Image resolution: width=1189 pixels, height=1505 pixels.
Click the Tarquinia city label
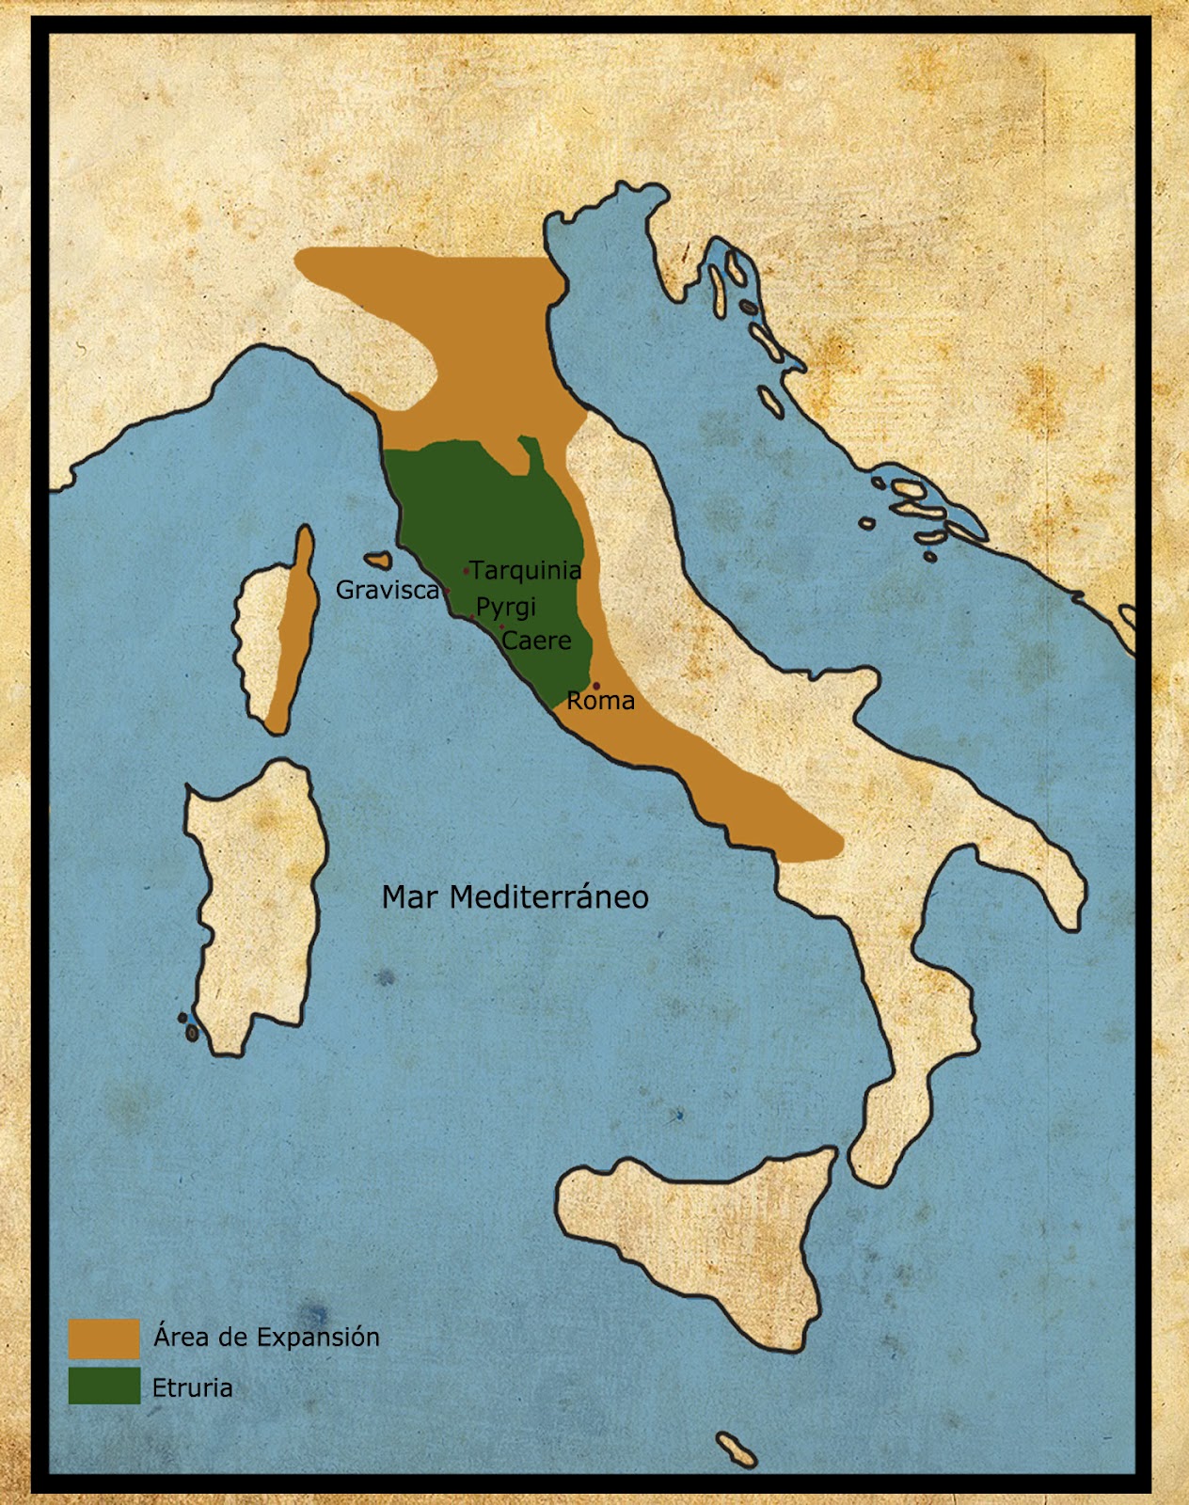click(x=526, y=570)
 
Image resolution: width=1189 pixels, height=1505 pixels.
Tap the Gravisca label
click(x=388, y=590)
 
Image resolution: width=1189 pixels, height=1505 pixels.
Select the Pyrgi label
click(x=506, y=608)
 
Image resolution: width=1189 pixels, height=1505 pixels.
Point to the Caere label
click(x=537, y=641)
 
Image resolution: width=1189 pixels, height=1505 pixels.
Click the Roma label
click(x=601, y=701)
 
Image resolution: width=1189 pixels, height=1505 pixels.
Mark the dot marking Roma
click(x=595, y=686)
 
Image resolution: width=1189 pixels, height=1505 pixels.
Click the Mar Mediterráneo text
click(x=515, y=896)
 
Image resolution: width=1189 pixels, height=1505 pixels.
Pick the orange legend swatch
click(x=103, y=1338)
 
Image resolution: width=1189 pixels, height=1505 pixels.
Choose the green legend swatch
click(x=103, y=1386)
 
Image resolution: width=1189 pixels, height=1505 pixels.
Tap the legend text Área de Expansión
click(x=266, y=1337)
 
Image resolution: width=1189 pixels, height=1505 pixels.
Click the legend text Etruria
click(x=192, y=1387)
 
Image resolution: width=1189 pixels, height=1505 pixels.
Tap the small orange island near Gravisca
click(x=378, y=561)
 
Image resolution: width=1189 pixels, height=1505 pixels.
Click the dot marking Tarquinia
click(x=466, y=571)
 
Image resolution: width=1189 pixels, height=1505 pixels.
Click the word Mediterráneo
click(x=549, y=896)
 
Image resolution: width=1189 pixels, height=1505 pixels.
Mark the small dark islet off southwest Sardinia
click(x=192, y=1032)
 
